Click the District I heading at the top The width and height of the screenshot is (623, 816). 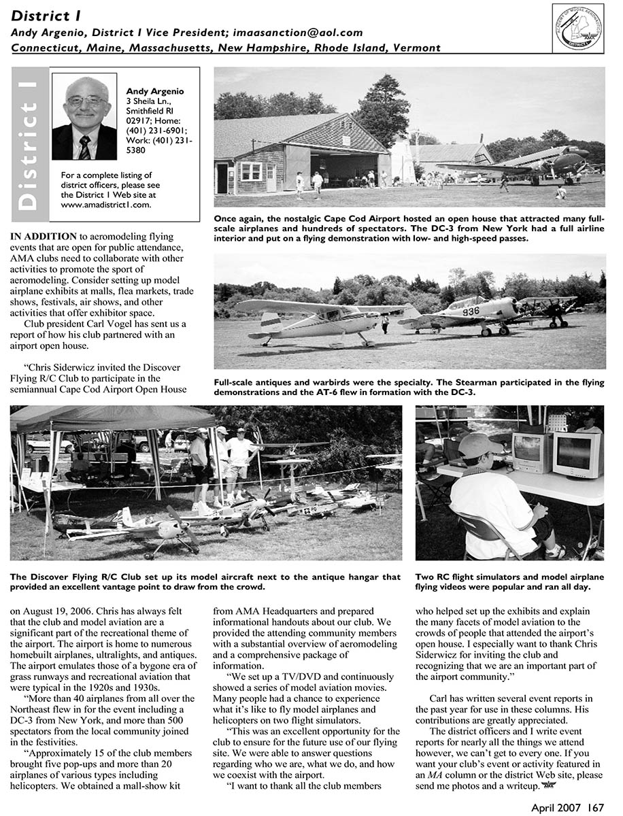point(41,15)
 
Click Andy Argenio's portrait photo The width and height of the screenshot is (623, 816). point(84,117)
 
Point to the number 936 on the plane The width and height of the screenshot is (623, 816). point(471,311)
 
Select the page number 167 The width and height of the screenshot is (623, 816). point(596,807)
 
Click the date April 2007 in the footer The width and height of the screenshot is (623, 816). point(556,807)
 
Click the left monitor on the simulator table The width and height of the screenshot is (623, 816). point(531,452)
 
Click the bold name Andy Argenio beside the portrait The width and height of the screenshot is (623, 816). point(154,90)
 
